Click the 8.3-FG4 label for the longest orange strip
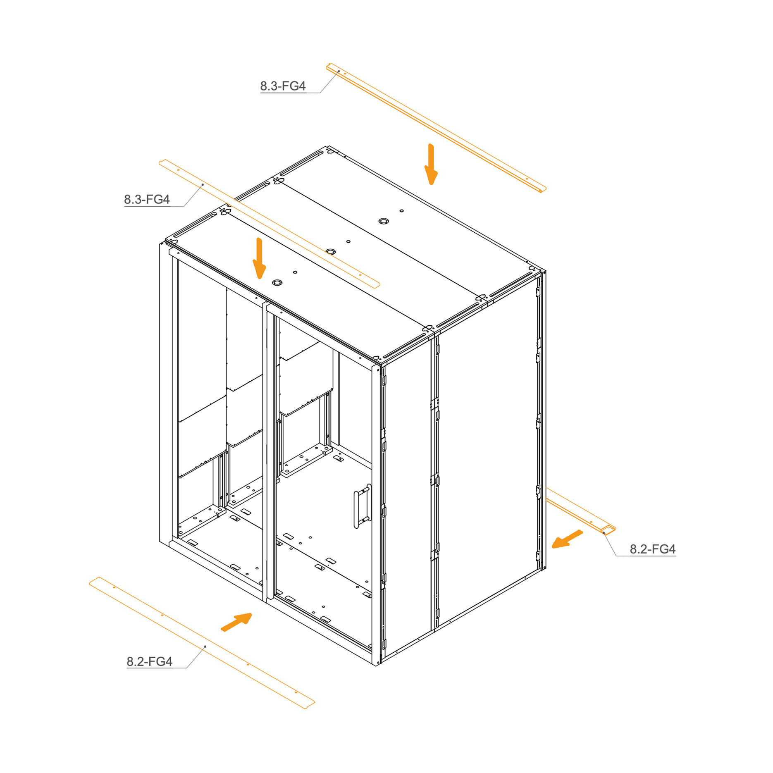click(283, 86)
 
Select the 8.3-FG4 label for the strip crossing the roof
click(147, 199)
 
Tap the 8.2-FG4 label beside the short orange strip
click(652, 549)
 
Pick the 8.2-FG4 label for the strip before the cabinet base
click(149, 661)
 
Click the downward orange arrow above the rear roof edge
click(431, 164)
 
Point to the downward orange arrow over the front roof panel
click(259, 258)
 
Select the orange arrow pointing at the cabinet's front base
click(237, 622)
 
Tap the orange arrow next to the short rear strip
click(567, 539)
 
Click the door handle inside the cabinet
click(362, 506)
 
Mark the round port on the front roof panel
click(277, 283)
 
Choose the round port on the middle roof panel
click(330, 252)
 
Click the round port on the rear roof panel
click(384, 221)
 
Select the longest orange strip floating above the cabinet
click(437, 128)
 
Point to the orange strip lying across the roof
click(270, 224)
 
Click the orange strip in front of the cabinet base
click(202, 643)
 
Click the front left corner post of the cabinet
click(165, 395)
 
